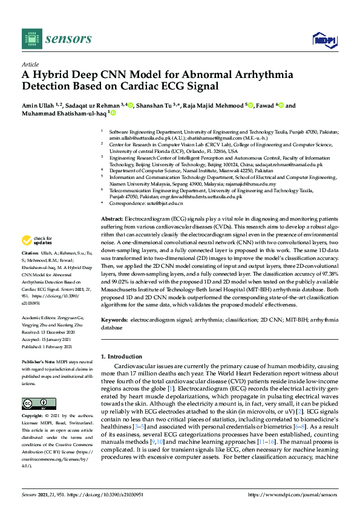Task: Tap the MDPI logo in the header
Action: (x=324, y=40)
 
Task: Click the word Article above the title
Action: (x=30, y=63)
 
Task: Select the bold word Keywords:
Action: (x=114, y=318)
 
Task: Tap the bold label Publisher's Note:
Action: (x=40, y=361)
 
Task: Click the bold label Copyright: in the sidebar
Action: (x=35, y=416)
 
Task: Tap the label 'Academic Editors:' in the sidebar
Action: (x=40, y=318)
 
